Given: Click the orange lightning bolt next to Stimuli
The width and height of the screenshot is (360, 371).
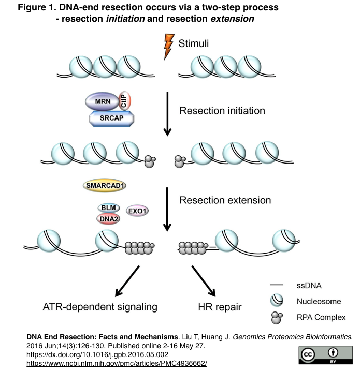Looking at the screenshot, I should click(168, 47).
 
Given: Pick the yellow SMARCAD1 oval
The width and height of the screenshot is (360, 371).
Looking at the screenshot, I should click(105, 185).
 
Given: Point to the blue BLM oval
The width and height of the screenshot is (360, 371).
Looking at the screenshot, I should click(108, 207).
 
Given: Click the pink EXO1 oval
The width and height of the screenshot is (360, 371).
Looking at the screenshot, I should click(138, 211).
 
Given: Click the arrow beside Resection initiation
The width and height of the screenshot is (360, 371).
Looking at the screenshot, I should click(167, 114).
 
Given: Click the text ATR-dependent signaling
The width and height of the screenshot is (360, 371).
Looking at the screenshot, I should click(99, 307).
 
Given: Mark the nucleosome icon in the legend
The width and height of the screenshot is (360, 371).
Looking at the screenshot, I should click(277, 301).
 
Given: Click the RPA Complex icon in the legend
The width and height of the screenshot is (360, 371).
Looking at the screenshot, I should click(277, 317).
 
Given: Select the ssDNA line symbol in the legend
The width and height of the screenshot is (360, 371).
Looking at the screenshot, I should click(277, 285).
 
